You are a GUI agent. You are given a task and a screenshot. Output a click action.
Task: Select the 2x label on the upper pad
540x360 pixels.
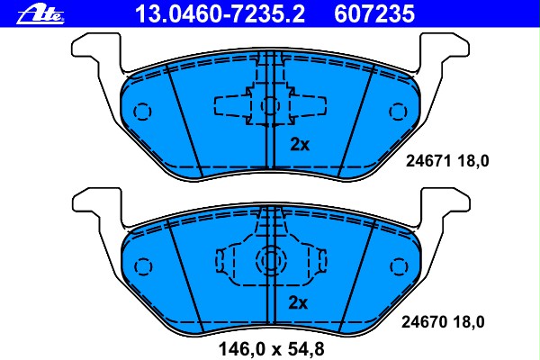tap(299, 144)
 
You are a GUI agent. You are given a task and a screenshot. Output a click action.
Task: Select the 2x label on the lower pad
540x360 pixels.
tap(299, 302)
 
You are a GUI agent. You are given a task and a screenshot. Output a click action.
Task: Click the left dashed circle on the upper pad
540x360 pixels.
tap(141, 112)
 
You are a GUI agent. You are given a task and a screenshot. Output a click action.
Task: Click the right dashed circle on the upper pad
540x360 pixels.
tap(397, 112)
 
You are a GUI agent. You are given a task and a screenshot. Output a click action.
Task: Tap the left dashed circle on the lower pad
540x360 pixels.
tap(141, 268)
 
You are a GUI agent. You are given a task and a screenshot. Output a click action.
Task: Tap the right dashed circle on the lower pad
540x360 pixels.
tap(397, 267)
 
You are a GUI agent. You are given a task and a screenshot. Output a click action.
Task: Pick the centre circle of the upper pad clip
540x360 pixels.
tap(269, 105)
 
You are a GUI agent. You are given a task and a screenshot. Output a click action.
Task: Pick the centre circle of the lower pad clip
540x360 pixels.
tap(269, 262)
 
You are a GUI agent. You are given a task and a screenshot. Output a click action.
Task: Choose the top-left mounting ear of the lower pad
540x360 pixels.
tap(94, 204)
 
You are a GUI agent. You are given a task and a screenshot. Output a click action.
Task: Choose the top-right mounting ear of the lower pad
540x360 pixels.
tap(444, 204)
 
